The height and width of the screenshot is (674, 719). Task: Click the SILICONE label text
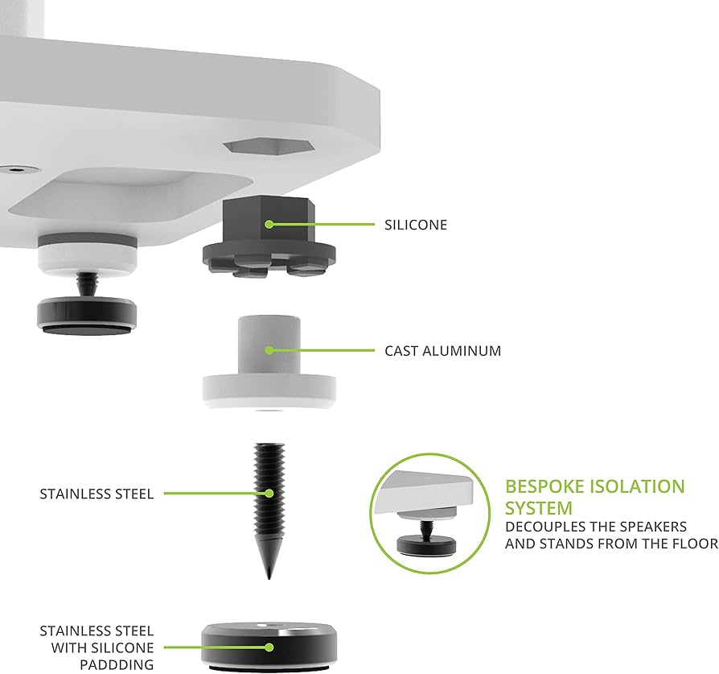416,225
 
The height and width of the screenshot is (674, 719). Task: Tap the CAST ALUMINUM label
442,351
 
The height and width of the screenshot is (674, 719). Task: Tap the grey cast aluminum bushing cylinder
268,346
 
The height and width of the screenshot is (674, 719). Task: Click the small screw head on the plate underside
16,169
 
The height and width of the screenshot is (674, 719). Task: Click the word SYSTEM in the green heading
539,508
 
